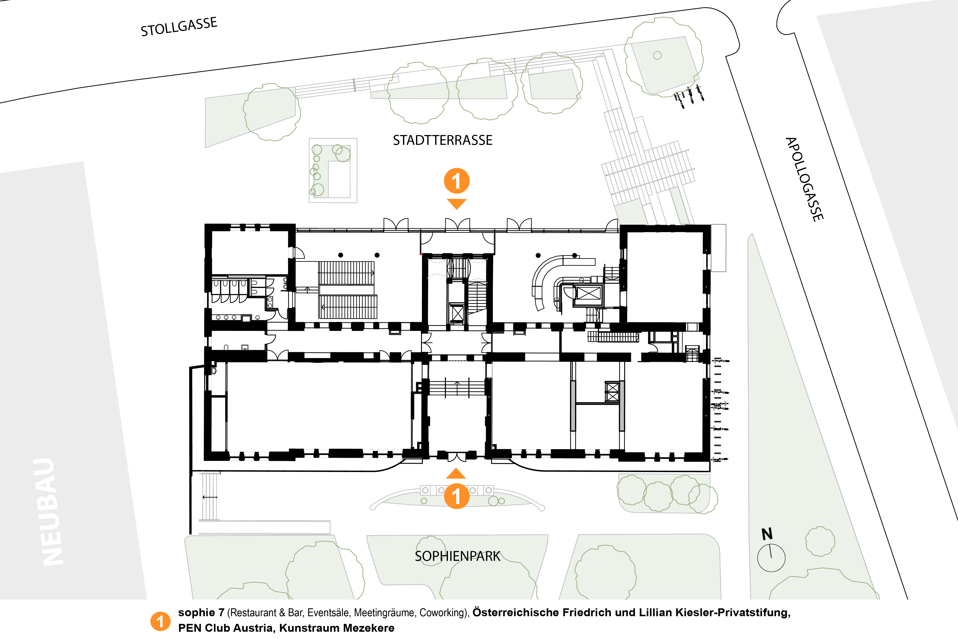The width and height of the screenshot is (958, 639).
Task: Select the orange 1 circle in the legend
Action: click(161, 622)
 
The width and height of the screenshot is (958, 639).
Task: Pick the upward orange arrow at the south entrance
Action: click(456, 473)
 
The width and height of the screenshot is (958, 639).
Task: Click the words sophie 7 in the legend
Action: click(201, 613)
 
